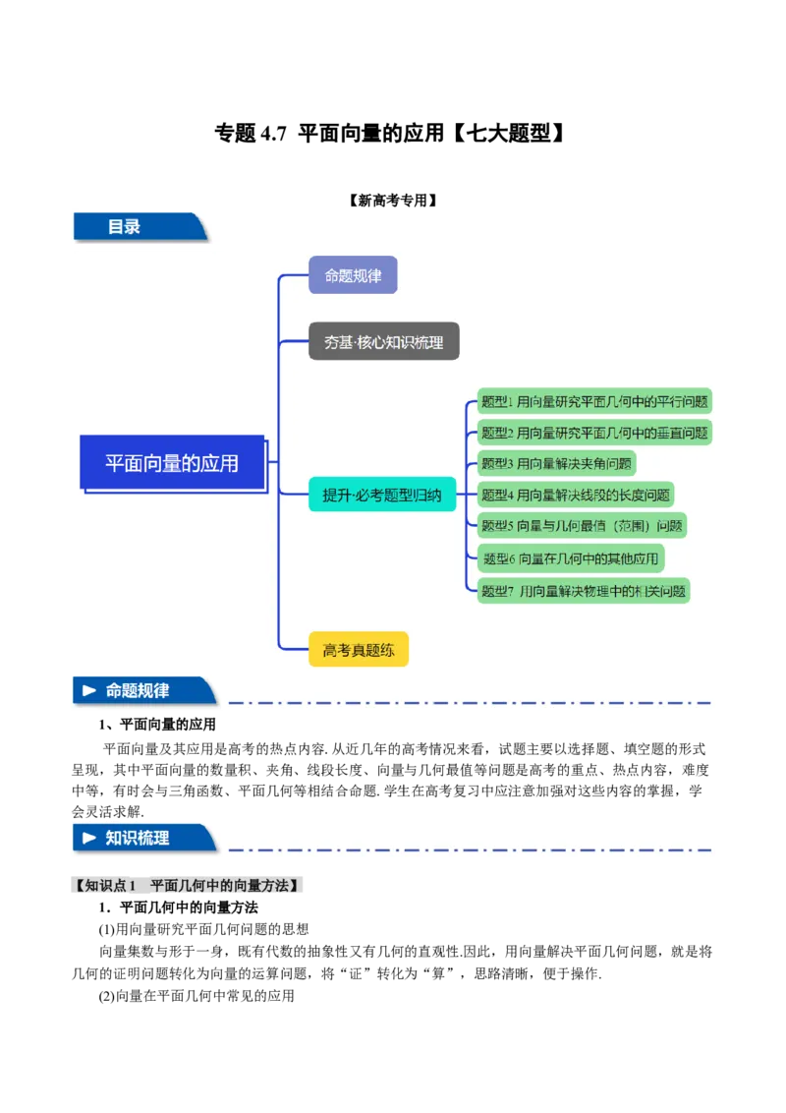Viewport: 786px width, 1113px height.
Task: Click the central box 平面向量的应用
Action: pyautogui.click(x=172, y=462)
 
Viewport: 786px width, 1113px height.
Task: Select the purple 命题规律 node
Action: pyautogui.click(x=353, y=275)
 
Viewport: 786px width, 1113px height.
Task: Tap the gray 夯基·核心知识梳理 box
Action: pyautogui.click(x=383, y=342)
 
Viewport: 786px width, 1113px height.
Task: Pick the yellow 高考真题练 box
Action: pyautogui.click(x=358, y=650)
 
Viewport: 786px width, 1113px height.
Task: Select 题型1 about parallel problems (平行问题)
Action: pyautogui.click(x=593, y=401)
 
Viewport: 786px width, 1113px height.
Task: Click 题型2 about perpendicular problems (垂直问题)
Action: pyautogui.click(x=593, y=433)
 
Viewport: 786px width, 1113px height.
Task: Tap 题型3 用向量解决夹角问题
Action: pyautogui.click(x=556, y=464)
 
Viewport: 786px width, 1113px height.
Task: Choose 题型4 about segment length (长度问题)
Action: pyautogui.click(x=576, y=496)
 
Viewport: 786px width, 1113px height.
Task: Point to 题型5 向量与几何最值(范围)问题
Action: pyautogui.click(x=582, y=526)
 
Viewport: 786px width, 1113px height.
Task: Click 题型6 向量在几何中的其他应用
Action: pyautogui.click(x=571, y=558)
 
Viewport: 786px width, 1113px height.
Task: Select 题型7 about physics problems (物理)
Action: pyautogui.click(x=583, y=591)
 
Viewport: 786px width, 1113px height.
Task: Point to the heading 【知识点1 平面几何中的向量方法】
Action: pyautogui.click(x=188, y=886)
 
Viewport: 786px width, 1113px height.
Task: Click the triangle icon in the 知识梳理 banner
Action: pyautogui.click(x=89, y=839)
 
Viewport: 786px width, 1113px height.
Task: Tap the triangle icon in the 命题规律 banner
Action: pyautogui.click(x=89, y=691)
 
